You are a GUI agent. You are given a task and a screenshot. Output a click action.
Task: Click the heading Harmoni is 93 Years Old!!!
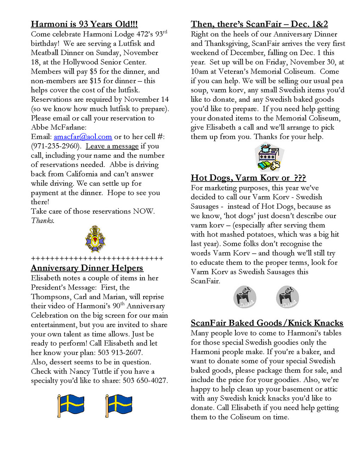point(84,24)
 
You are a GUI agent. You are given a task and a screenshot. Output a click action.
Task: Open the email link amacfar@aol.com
point(83,137)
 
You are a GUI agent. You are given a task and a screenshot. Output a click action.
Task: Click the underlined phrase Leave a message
point(112,146)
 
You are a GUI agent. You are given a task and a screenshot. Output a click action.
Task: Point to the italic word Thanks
point(43,221)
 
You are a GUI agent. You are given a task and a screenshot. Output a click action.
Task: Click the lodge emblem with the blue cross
point(95,239)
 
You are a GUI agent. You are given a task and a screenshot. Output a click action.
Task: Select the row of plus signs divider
point(97,258)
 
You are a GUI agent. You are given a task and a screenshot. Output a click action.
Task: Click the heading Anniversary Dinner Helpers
point(87,268)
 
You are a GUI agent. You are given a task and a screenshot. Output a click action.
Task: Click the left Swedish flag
point(71,406)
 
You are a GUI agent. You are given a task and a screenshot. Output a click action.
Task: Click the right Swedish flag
point(119,406)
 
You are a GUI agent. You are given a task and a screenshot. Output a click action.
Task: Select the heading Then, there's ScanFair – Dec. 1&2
point(259,24)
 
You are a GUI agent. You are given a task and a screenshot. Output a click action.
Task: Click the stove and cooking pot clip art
point(269,157)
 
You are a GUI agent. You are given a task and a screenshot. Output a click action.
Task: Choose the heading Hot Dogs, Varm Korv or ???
point(248,178)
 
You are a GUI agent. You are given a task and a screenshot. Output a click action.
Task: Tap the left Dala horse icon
point(245,297)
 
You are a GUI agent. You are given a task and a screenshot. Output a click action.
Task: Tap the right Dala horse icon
point(287,297)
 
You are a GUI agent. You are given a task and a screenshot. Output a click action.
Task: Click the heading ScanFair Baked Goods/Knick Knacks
point(267,323)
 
